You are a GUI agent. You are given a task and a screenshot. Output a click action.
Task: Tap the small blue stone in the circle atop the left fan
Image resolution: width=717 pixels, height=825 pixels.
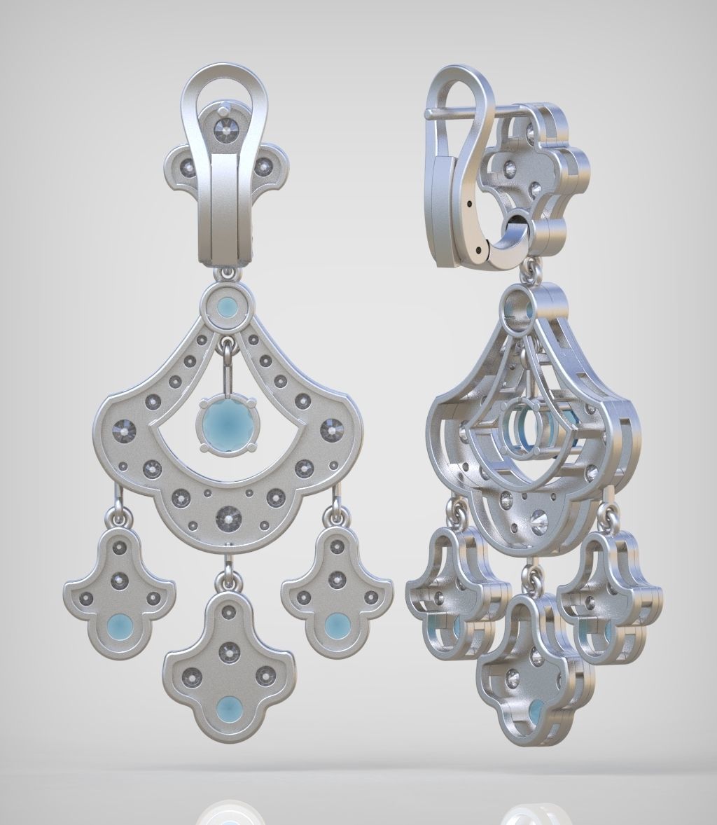(x=225, y=307)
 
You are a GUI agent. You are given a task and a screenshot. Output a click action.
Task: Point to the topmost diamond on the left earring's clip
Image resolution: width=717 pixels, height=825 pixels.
(x=225, y=127)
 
